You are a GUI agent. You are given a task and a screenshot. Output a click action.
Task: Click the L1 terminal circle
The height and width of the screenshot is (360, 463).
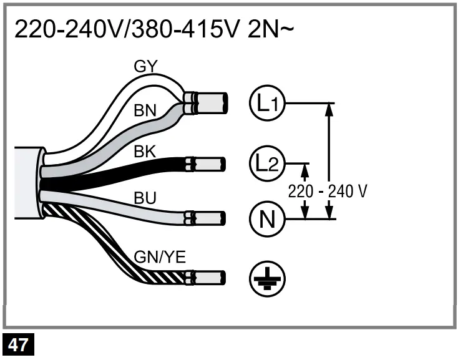point(266,103)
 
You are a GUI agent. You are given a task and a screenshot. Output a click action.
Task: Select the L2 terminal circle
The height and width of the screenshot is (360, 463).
point(266,163)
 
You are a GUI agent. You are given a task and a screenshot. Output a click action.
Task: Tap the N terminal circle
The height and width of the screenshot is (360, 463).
point(266,218)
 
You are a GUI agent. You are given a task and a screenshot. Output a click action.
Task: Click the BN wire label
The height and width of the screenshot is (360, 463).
point(145,111)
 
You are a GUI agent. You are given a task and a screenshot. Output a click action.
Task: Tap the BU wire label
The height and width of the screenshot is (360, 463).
point(145,199)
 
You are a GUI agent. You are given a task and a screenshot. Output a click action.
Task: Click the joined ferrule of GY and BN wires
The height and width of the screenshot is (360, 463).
point(212,103)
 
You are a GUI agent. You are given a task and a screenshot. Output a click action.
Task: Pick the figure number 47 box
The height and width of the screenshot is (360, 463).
point(18,345)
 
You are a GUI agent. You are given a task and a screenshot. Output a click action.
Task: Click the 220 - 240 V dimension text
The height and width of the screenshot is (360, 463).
point(326,191)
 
